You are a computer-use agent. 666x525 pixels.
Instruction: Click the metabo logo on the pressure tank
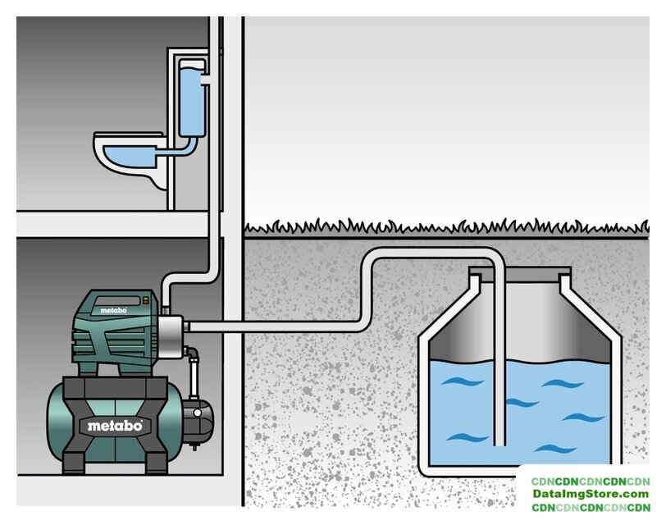click(116, 426)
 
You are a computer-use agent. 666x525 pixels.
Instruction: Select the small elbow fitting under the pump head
click(194, 357)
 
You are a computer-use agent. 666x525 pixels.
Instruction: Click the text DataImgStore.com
click(590, 495)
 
